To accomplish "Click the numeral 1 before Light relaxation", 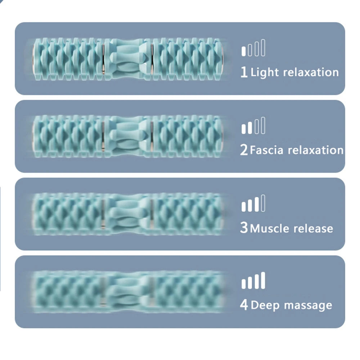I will pos(244,72).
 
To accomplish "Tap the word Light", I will pos(265,72).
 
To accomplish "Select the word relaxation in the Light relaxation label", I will pos(311,72).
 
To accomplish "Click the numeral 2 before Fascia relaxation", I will pos(244,150).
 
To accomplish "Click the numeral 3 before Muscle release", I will pos(244,228).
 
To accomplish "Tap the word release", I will pos(313,228).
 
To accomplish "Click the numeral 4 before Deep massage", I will pos(244,306).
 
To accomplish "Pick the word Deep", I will pos(265,306).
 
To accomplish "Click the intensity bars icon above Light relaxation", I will pos(253,48).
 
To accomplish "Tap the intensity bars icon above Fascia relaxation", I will pos(253,126).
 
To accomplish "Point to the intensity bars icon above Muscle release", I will pos(253,204).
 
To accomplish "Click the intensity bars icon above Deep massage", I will pos(253,281).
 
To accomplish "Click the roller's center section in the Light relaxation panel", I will pos(128,59).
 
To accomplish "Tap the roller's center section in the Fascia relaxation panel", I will pos(128,136).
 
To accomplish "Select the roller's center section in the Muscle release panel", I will pos(128,214).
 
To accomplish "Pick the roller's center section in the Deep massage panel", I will pos(128,292).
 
